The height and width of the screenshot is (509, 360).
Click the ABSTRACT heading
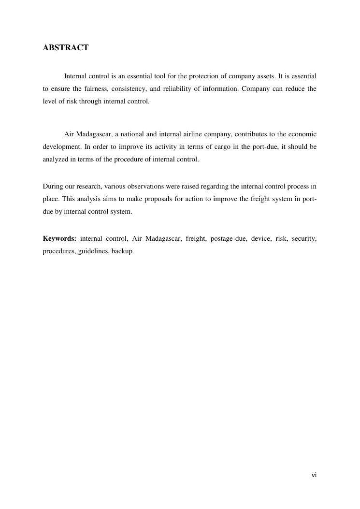coord(66,47)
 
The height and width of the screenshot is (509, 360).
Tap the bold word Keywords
coord(59,238)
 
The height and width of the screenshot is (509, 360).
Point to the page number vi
coord(314,475)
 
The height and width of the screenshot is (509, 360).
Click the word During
coord(52,186)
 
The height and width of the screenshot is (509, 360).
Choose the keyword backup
coord(123,251)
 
